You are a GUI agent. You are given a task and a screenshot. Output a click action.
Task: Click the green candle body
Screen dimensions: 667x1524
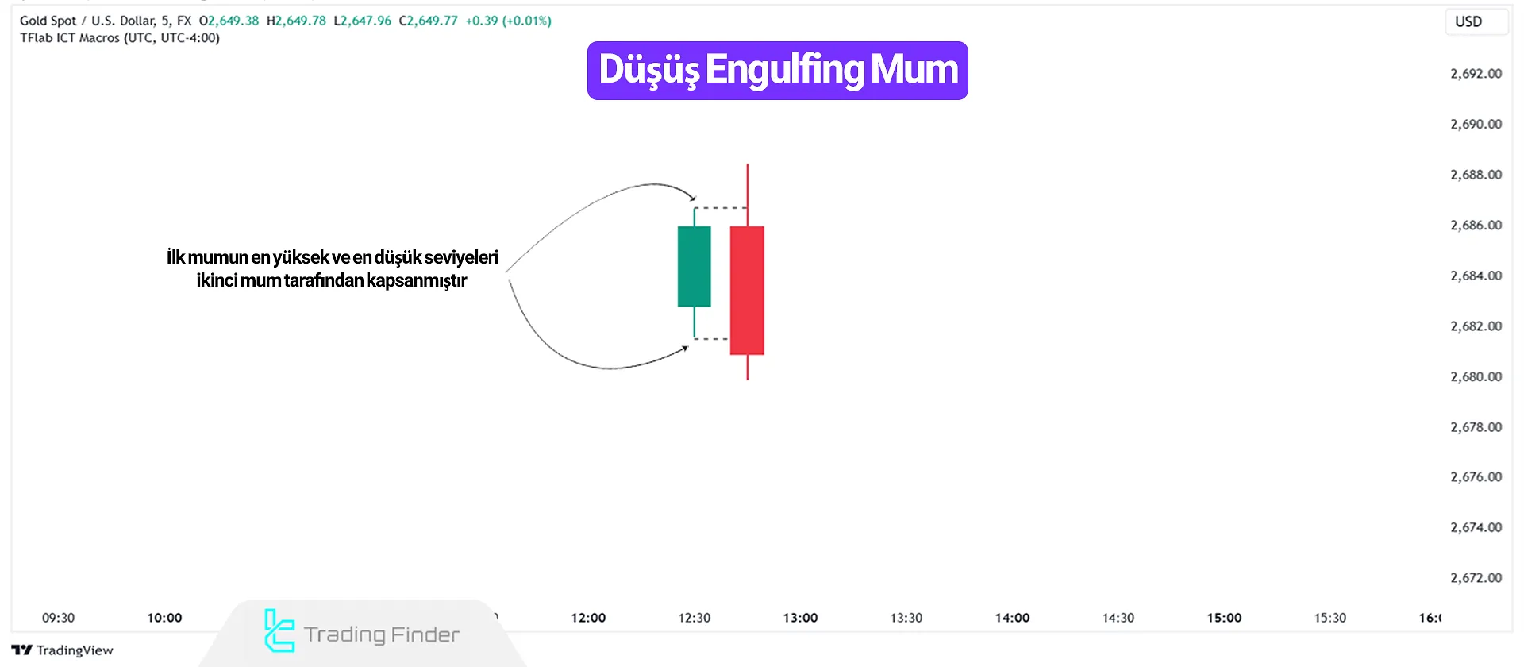coord(694,267)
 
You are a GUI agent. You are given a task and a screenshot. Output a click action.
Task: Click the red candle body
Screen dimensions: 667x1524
coord(747,291)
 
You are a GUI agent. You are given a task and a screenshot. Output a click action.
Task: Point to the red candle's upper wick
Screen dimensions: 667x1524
coord(747,195)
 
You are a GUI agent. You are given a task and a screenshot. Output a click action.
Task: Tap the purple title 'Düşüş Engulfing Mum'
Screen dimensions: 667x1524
coord(778,71)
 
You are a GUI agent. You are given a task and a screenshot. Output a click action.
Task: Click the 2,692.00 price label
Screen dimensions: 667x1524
coord(1476,74)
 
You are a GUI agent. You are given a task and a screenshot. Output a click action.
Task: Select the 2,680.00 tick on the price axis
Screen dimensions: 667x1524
coord(1476,376)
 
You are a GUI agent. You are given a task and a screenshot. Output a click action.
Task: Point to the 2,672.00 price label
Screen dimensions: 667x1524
coord(1476,578)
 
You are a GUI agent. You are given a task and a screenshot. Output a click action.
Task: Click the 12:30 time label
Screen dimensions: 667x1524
coord(694,618)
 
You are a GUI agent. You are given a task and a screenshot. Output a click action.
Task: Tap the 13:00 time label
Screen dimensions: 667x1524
coord(800,618)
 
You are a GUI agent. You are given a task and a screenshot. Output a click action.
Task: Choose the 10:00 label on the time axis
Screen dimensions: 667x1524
coord(164,618)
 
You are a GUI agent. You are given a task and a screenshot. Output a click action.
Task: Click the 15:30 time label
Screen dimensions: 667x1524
coord(1330,618)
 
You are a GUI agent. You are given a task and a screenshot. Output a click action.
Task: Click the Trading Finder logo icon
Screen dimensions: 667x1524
coord(279,631)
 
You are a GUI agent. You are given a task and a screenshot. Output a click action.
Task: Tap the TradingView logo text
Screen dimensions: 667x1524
coord(74,650)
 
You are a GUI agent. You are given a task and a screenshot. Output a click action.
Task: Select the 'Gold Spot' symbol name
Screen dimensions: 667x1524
coord(48,21)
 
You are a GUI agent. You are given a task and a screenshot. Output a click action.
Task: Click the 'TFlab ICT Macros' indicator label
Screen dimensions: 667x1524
coord(70,38)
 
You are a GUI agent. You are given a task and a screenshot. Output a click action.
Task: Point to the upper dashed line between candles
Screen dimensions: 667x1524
coord(721,208)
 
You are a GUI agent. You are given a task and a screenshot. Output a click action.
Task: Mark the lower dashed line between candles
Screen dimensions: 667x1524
coord(712,339)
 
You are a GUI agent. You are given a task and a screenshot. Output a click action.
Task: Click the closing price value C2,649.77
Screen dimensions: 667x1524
coord(429,21)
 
